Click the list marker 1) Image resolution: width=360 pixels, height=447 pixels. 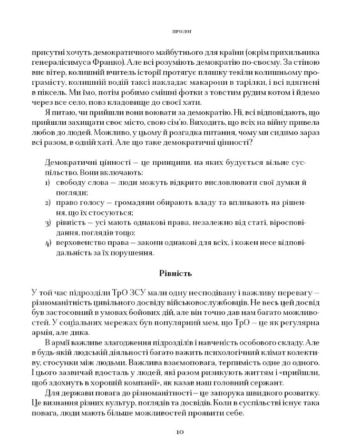[46, 182]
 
